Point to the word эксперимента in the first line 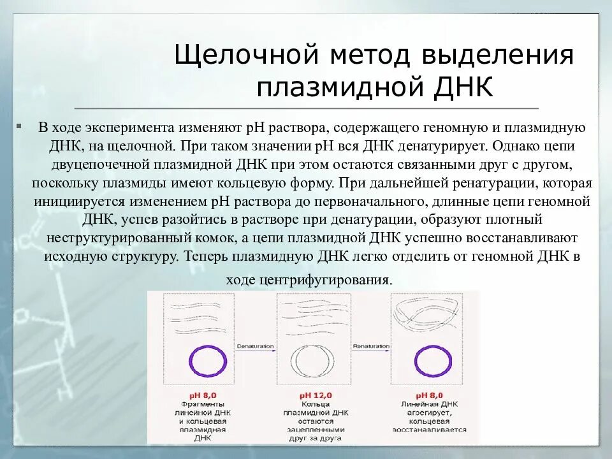click(129, 127)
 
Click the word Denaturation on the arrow click(255, 346)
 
